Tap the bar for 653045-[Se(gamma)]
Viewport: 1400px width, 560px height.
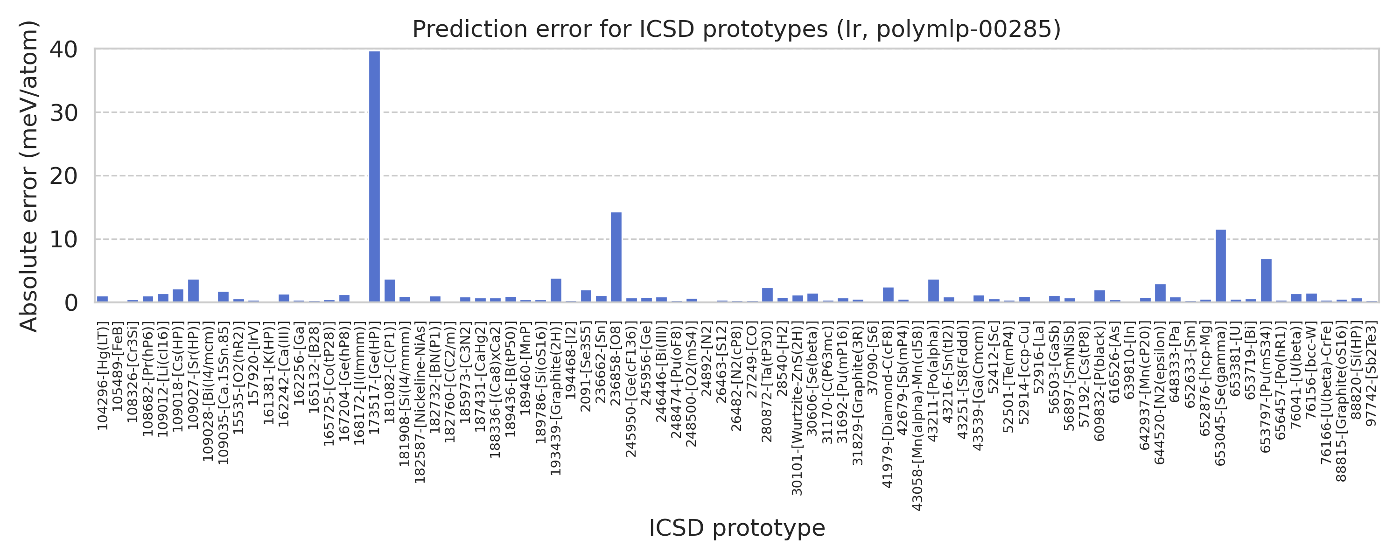(x=1221, y=266)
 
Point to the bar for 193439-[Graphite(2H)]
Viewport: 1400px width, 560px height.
(x=556, y=290)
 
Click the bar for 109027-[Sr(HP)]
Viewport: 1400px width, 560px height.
(x=194, y=291)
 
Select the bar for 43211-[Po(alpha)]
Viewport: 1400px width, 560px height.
(x=934, y=291)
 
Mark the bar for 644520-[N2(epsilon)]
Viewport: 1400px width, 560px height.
(x=1160, y=293)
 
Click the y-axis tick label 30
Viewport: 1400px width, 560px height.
(x=63, y=113)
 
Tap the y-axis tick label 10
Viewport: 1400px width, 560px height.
(x=63, y=240)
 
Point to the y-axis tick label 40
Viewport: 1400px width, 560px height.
(x=63, y=50)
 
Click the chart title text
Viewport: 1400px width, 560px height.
(x=736, y=29)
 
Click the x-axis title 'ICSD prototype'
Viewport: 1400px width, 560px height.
(x=736, y=528)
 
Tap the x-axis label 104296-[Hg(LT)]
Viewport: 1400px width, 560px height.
(x=103, y=376)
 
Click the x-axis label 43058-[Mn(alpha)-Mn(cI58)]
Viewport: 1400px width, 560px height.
(x=918, y=416)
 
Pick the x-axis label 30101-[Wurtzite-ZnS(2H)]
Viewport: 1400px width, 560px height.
(x=797, y=409)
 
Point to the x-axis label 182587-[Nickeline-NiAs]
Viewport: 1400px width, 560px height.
(x=420, y=403)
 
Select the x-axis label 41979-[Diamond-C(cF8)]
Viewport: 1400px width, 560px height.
(x=888, y=405)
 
